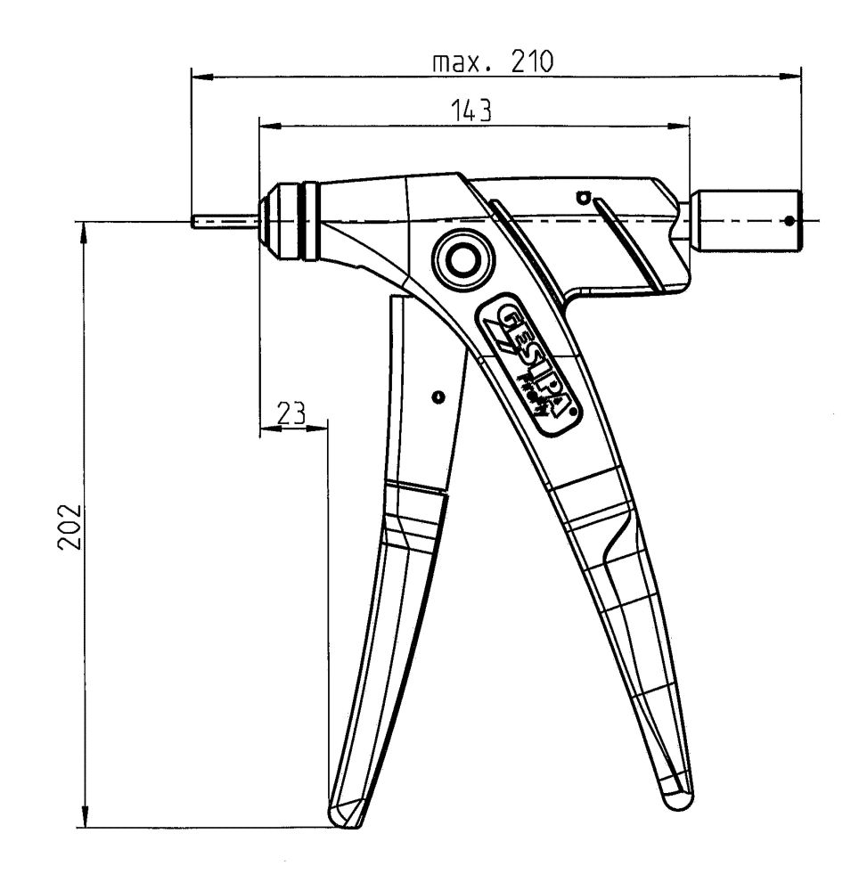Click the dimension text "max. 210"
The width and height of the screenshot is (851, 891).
pyautogui.click(x=493, y=62)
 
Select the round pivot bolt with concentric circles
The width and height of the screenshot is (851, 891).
pyautogui.click(x=461, y=261)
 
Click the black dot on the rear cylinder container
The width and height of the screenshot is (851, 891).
pyautogui.click(x=789, y=218)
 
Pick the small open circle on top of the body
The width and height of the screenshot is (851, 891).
pyautogui.click(x=584, y=195)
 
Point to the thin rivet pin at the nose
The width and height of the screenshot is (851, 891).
pyautogui.click(x=223, y=220)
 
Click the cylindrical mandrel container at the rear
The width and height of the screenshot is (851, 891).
pyautogui.click(x=749, y=219)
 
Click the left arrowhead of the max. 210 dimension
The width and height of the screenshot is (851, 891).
pyautogui.click(x=200, y=78)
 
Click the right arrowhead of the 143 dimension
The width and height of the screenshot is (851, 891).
pyautogui.click(x=681, y=127)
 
